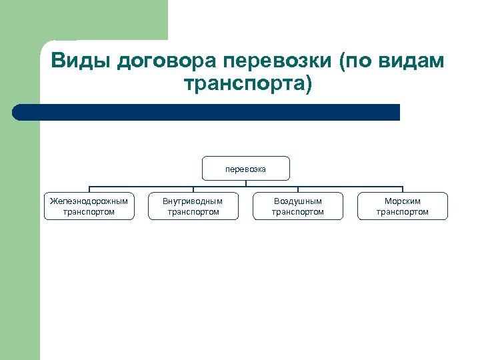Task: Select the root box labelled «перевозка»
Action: point(246,169)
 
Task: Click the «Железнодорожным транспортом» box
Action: point(89,206)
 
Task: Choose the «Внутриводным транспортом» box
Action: point(193,206)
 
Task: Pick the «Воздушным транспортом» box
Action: point(298,206)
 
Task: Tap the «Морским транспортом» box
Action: point(403,206)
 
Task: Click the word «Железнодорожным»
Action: point(89,201)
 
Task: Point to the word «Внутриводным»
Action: point(193,201)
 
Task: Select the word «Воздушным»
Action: point(298,201)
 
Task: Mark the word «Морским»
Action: point(403,201)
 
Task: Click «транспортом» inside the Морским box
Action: point(403,212)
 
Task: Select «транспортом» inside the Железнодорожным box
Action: point(89,212)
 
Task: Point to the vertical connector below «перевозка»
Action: point(246,183)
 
